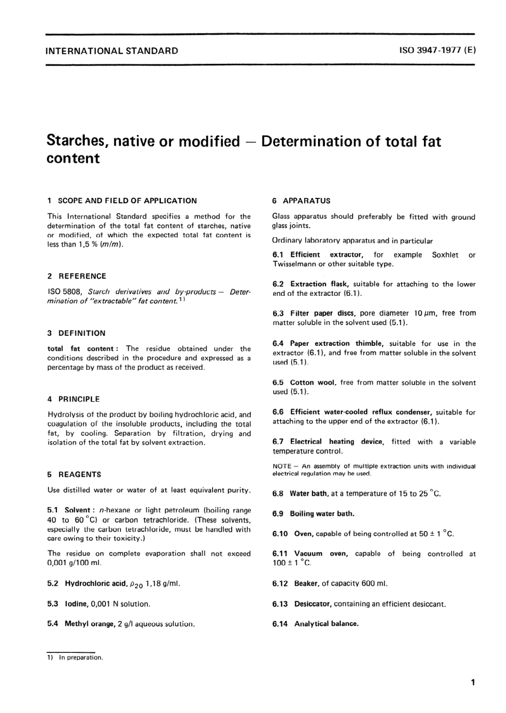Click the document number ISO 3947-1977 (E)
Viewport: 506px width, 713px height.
point(437,51)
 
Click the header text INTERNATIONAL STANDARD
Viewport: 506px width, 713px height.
point(112,51)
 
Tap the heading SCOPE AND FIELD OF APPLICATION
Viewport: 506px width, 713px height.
point(127,201)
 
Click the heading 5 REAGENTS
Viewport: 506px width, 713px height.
point(74,474)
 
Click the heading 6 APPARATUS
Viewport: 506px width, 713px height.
point(301,201)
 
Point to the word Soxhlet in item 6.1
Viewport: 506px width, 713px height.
point(445,255)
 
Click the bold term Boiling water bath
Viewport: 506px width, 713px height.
point(322,513)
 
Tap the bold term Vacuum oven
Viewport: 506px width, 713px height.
point(321,553)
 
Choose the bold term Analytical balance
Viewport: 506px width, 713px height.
point(326,624)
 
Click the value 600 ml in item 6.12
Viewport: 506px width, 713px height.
point(374,584)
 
